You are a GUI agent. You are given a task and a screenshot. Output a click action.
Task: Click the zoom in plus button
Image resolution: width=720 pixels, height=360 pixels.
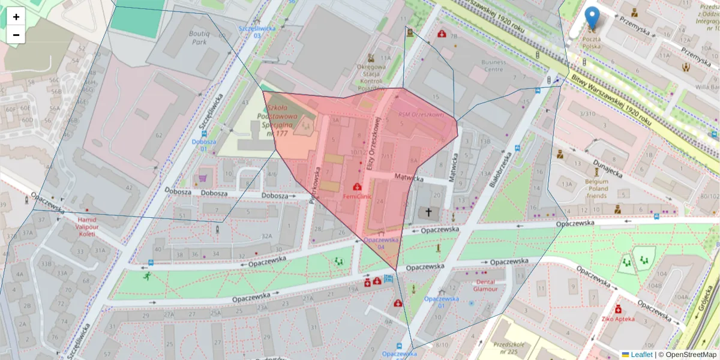coord(16,17)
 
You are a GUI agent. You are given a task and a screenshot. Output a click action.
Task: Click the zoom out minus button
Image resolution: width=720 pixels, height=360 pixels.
coord(16,35)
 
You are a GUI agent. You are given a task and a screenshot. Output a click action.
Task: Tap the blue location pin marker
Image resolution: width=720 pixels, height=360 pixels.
coord(592,18)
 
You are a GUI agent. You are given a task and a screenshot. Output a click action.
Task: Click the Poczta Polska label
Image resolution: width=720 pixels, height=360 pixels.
coord(592,42)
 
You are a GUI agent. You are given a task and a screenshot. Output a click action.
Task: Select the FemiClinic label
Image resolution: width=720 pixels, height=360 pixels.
coord(358,196)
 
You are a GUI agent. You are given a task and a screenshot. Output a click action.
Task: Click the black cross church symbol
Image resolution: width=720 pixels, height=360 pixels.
coord(428,212)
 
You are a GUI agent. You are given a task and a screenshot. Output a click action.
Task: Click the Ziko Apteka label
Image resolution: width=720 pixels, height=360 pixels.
coord(618,319)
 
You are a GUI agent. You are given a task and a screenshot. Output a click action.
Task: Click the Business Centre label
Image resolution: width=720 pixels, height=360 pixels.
coord(493,65)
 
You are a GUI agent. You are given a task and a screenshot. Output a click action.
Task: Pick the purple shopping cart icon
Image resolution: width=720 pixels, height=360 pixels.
coord(203,178)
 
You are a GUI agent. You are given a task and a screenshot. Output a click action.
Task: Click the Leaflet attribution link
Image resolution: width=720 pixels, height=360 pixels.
coord(641,355)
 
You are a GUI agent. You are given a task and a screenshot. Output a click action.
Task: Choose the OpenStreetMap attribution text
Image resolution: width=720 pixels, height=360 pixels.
coord(688,355)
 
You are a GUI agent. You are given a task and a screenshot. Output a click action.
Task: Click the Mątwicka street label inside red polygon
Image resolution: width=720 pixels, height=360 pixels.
coord(409,178)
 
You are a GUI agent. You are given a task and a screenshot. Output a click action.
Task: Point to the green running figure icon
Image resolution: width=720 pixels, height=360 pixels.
coord(147,276)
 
